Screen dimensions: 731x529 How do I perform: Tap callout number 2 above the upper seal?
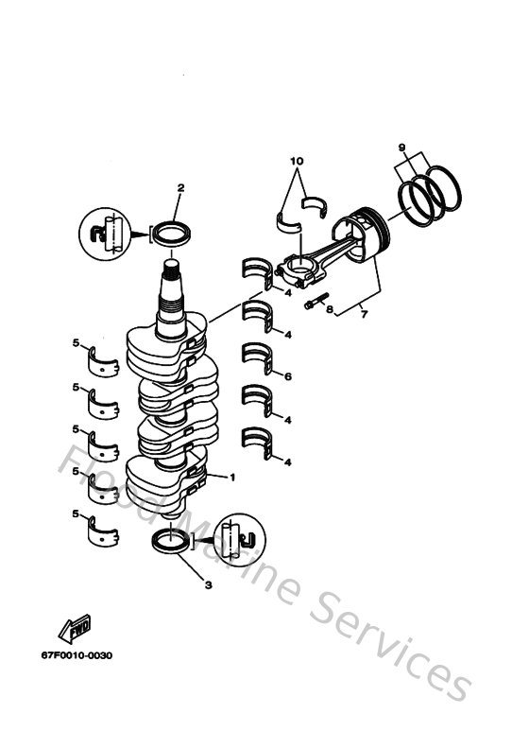tap(180, 189)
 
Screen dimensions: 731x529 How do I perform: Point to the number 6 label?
tap(287, 377)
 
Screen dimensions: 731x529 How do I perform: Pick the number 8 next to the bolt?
tap(330, 309)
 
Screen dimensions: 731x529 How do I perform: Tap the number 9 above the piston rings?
tap(401, 148)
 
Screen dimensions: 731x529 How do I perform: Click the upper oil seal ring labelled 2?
tap(170, 232)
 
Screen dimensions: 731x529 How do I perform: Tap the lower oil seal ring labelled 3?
tap(171, 544)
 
